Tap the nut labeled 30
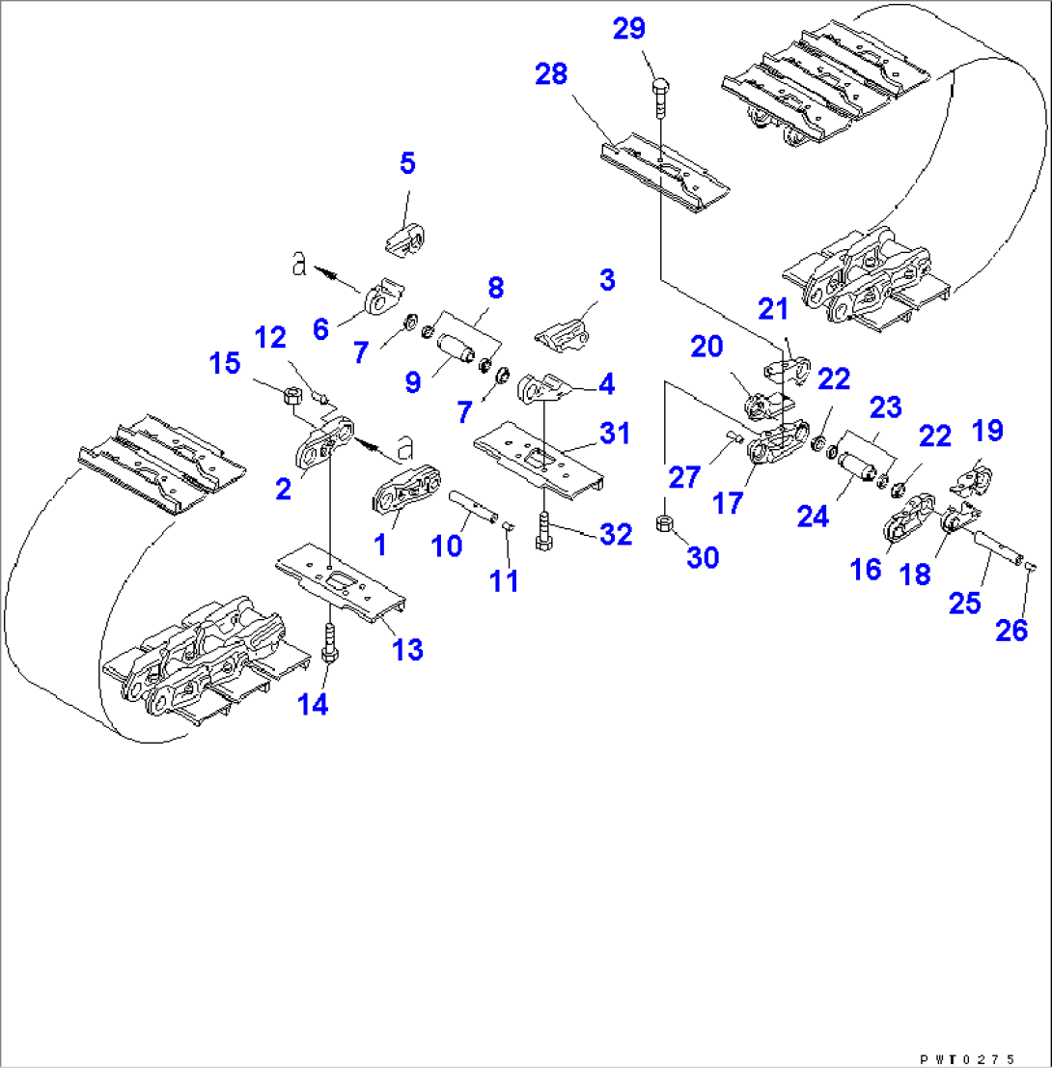coord(664,523)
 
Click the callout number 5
coord(407,163)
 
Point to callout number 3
coord(606,281)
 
